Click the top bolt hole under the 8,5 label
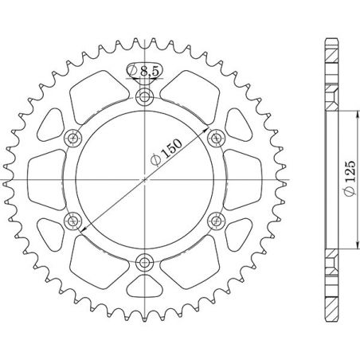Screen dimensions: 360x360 (144, 99)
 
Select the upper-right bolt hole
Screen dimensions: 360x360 (213, 139)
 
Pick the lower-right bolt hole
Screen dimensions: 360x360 (213, 220)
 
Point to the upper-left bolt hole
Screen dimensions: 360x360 (75, 139)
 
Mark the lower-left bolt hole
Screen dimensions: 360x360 (75, 220)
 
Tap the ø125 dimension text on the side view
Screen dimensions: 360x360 (349, 179)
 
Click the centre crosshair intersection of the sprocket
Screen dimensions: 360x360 (144, 179)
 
